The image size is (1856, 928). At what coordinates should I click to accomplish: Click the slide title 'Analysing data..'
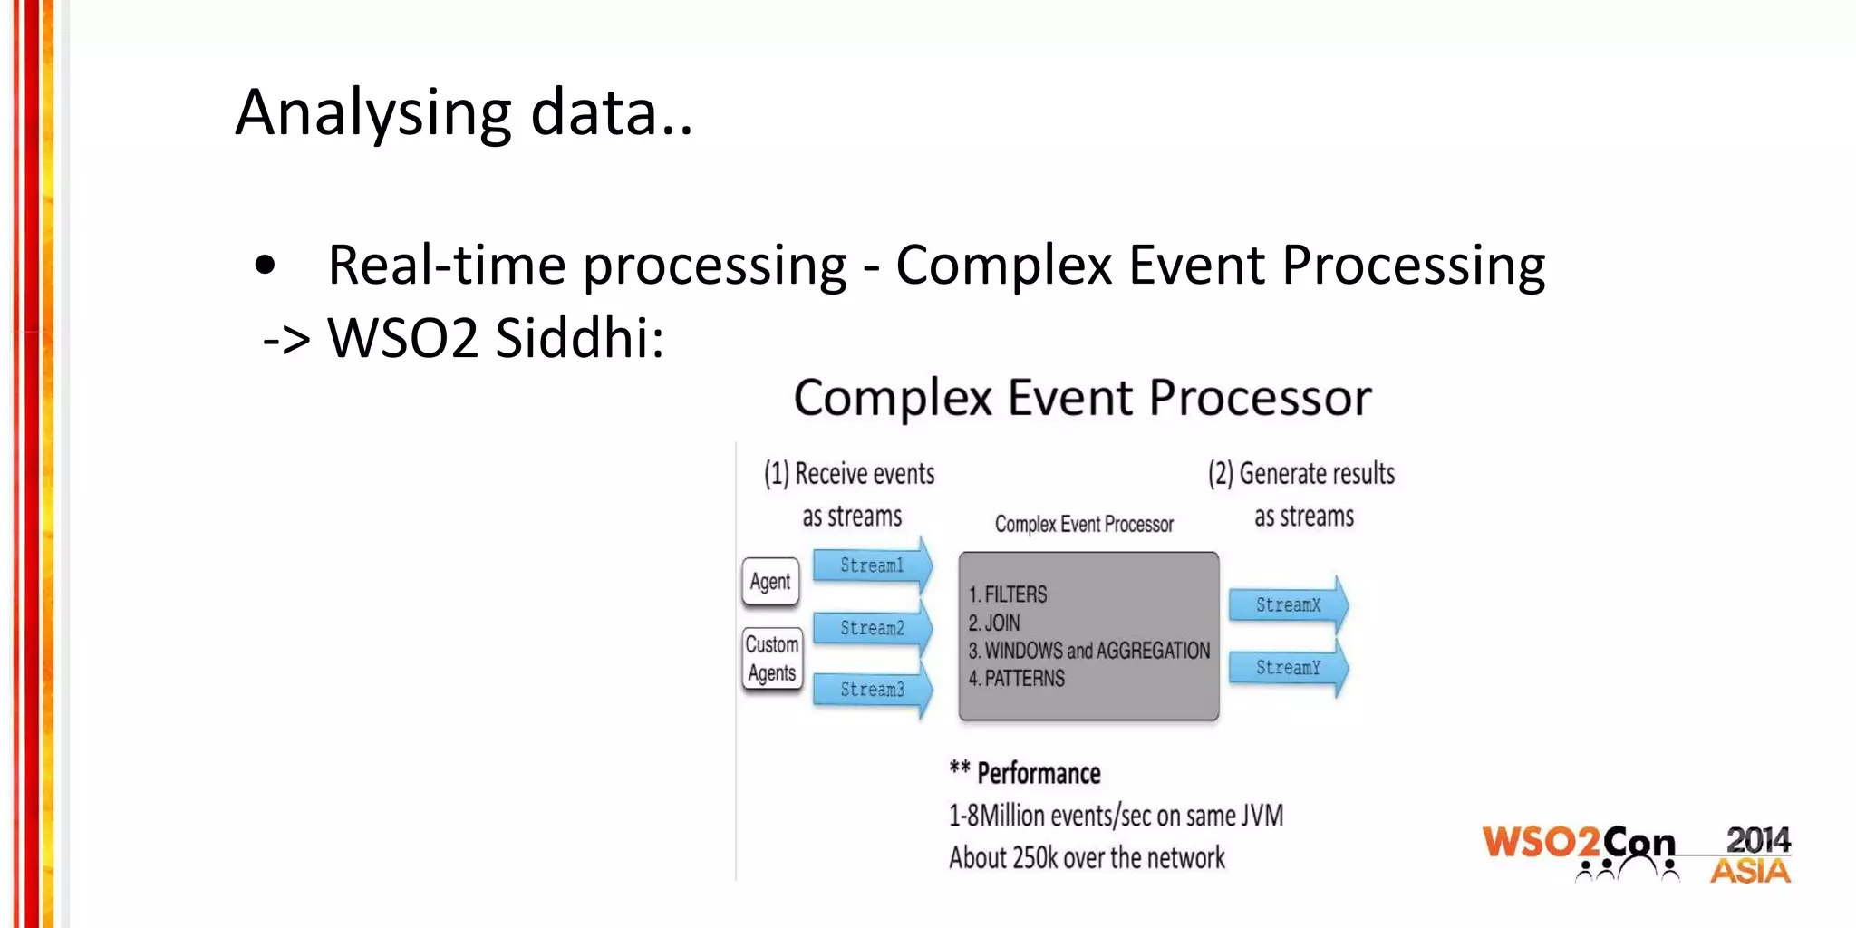coord(464,112)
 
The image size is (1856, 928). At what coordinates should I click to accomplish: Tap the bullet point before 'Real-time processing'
coord(265,266)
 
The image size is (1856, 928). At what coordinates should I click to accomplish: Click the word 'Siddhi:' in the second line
coord(580,339)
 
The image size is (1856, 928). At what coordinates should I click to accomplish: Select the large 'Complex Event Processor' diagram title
coord(1082,399)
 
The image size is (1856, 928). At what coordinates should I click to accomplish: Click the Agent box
coord(770,582)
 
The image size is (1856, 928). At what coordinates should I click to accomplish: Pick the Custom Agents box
coord(772,659)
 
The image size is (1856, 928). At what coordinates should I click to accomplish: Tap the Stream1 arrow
coord(872,565)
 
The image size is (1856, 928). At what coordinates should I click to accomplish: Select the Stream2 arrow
coord(872,628)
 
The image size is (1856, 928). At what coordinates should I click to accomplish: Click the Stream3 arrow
coord(872,690)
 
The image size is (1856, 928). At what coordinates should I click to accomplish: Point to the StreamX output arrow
coord(1288,605)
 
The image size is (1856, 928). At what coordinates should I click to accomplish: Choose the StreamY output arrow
coord(1288,668)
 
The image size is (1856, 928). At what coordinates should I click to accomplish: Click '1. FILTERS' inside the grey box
coord(1008,595)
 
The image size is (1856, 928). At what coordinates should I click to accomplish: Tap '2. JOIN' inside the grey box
coord(994,623)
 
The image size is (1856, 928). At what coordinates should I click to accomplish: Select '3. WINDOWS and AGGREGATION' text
coord(1089,651)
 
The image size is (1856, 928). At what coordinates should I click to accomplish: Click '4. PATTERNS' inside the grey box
coord(1017,679)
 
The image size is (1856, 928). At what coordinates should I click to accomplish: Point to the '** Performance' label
coord(1026,773)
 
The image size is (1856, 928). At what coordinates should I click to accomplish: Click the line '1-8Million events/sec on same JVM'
coord(1116,816)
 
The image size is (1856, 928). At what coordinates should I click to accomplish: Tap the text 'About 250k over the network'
coord(1087,857)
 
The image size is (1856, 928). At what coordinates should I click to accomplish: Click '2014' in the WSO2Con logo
coord(1757,840)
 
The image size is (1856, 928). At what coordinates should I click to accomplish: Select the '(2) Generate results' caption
coord(1301,474)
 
